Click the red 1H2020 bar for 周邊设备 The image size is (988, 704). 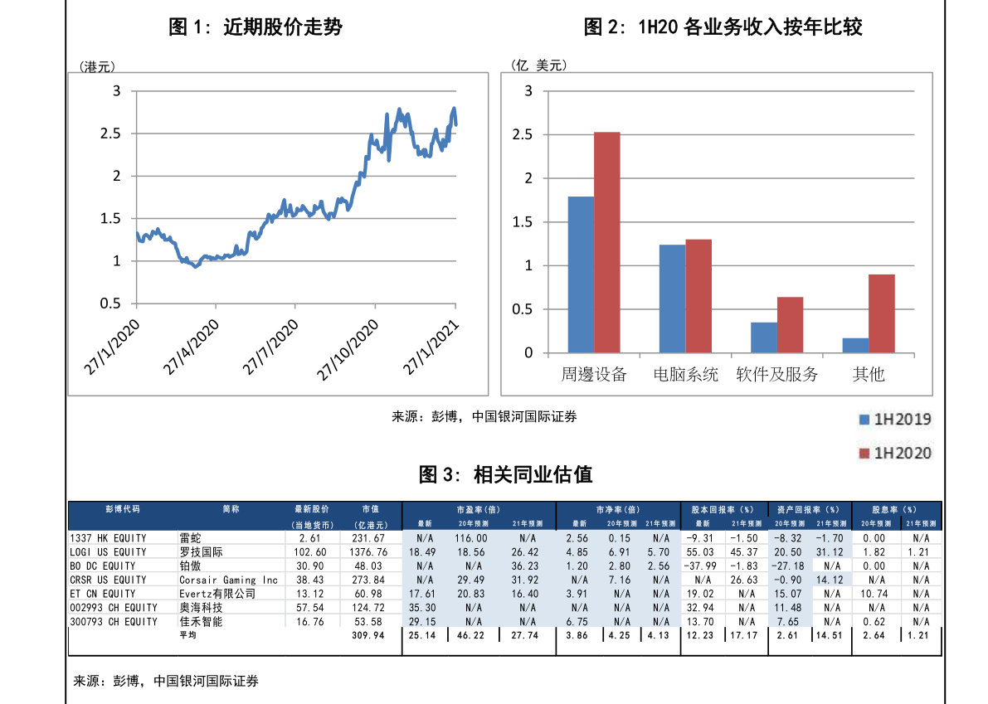606,242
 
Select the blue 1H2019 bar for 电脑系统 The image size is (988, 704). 672,299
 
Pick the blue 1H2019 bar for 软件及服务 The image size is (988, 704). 764,337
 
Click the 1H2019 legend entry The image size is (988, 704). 894,420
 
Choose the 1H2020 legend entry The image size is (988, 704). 894,453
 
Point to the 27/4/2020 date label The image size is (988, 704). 190,347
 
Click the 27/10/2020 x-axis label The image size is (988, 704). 348,352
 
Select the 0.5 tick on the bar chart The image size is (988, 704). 523,309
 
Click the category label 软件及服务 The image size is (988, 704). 777,375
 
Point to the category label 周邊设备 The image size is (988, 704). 593,375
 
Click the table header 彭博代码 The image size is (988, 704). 123,509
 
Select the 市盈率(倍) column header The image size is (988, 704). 478,509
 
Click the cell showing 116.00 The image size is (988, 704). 470,538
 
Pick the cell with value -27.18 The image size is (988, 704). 789,566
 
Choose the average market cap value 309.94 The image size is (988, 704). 368,635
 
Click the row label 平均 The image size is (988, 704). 188,635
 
